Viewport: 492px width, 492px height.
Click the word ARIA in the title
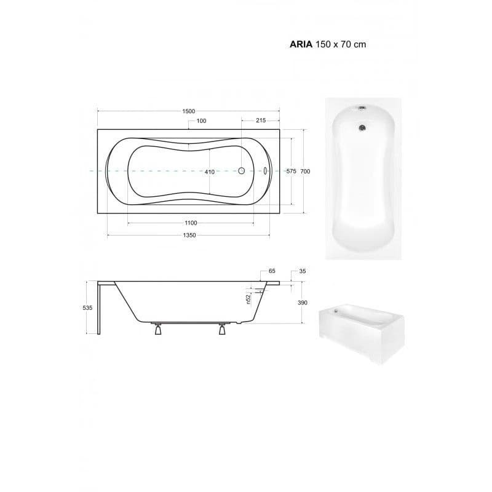tap(301, 44)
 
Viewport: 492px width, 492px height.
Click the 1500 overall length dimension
tap(189, 111)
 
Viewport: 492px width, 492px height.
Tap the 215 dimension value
tap(261, 120)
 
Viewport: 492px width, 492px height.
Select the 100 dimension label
tap(202, 121)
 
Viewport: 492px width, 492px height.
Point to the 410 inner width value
tap(210, 172)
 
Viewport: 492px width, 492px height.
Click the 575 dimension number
tap(291, 172)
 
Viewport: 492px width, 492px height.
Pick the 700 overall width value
tap(305, 172)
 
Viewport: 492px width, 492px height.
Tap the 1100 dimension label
tap(191, 223)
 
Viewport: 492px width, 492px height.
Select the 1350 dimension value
tap(189, 235)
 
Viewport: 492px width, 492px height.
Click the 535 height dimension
tap(87, 308)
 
